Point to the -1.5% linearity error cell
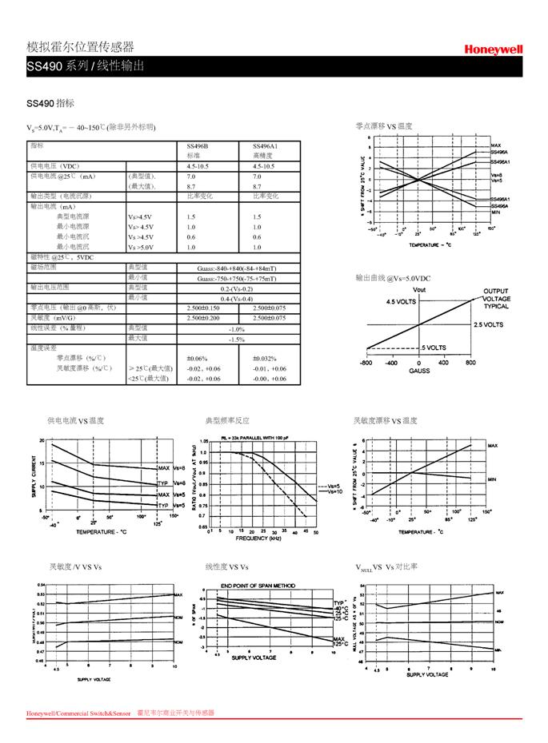236,340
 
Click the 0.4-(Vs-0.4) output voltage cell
236,298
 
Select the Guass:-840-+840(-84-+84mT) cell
236,268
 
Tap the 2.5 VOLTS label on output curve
487,325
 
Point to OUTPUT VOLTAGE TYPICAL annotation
496,298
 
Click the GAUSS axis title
419,371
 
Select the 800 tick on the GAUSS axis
470,363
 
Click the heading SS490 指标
50,102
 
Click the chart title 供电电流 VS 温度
75,421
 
